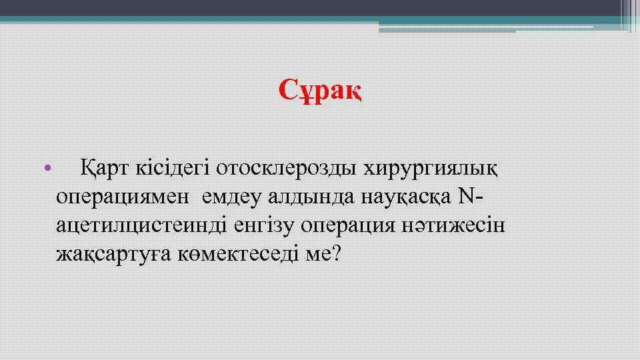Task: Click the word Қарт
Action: (x=102, y=167)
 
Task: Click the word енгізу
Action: (x=264, y=226)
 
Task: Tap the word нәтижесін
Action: (x=455, y=226)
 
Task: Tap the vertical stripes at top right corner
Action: (x=630, y=15)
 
